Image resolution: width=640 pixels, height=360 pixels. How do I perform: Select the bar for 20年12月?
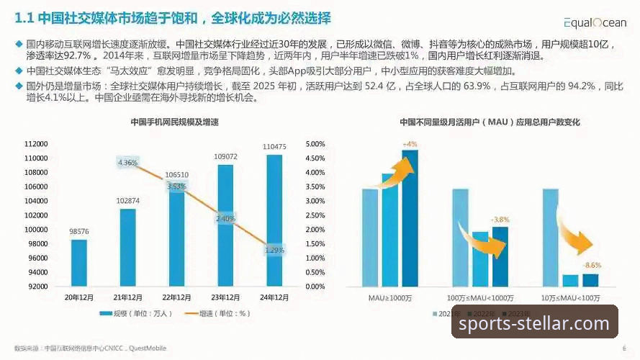click(x=78, y=263)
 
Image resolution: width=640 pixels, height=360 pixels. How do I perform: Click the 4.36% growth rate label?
click(x=127, y=163)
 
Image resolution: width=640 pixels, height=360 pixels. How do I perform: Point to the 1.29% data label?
click(x=274, y=250)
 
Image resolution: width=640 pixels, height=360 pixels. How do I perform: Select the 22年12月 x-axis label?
click(x=177, y=297)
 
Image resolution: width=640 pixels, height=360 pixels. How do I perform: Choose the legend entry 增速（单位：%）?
click(x=225, y=314)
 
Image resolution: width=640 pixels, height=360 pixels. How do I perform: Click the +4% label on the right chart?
click(x=410, y=144)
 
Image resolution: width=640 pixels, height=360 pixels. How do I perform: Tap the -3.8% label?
click(x=500, y=219)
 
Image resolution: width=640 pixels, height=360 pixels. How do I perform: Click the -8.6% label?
click(x=591, y=265)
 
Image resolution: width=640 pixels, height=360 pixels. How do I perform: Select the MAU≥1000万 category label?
click(x=390, y=297)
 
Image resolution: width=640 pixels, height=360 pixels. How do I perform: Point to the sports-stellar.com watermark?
click(x=534, y=323)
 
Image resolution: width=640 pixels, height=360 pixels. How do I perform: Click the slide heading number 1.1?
click(x=24, y=17)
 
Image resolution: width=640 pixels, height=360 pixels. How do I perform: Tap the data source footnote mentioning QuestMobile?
click(x=90, y=348)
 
